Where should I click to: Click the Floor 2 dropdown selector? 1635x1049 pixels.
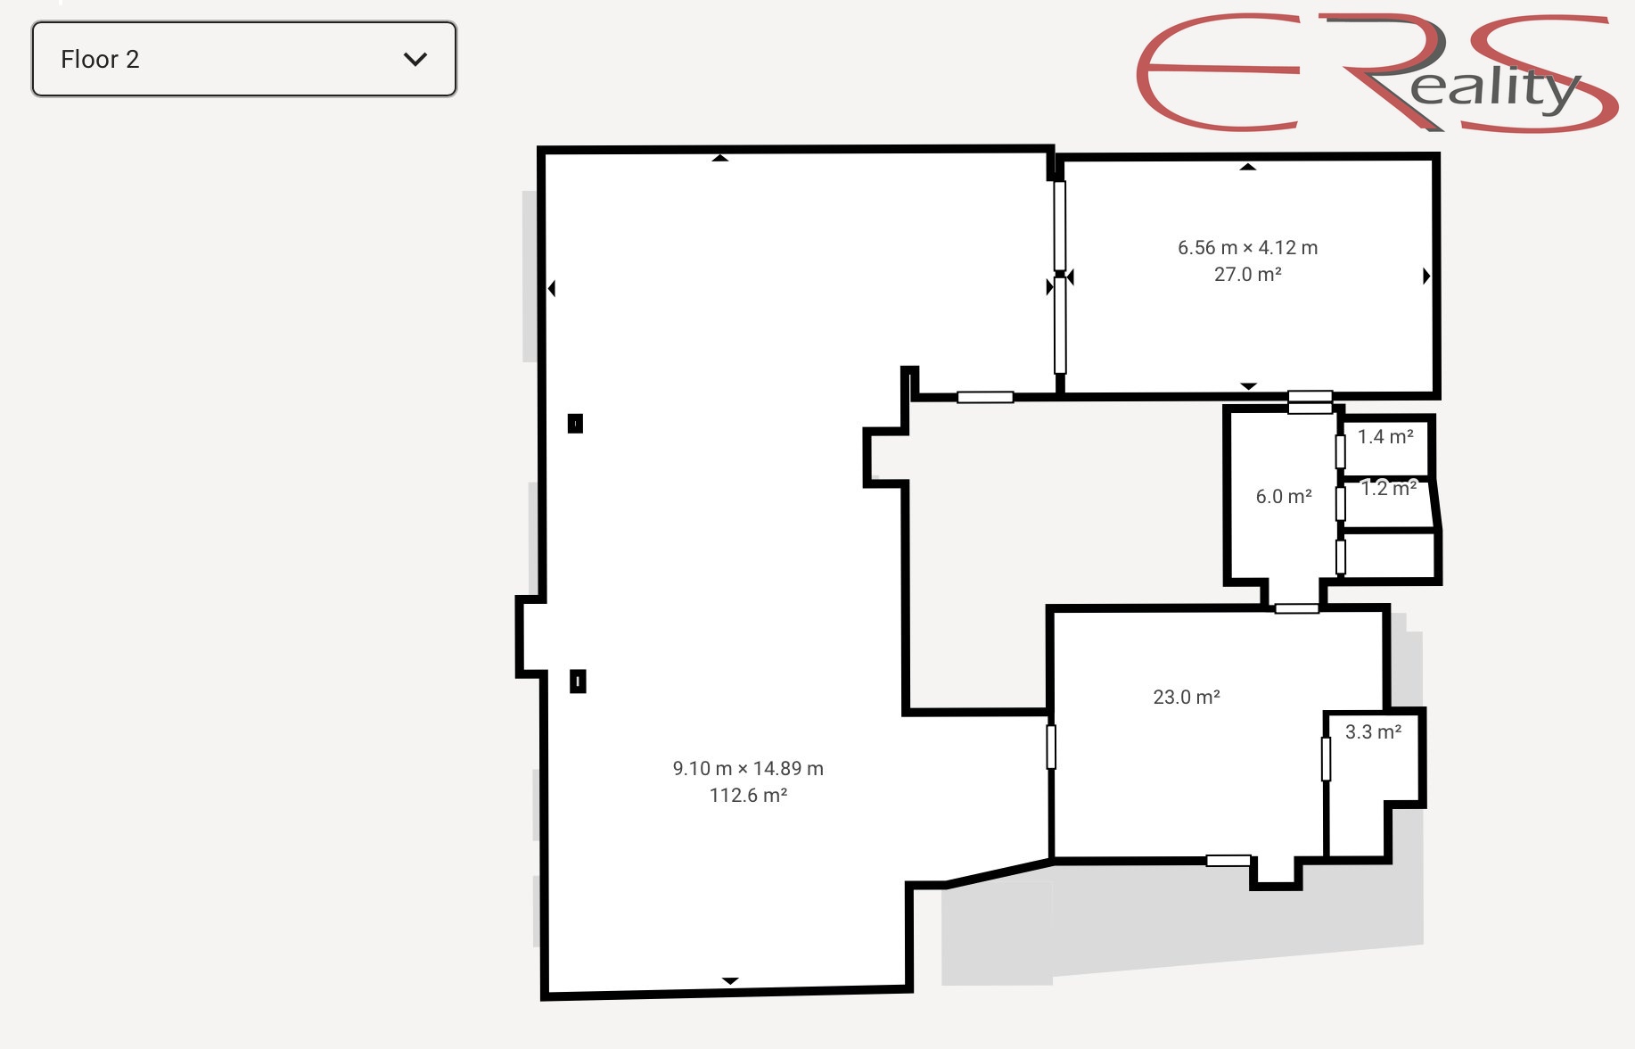tap(243, 59)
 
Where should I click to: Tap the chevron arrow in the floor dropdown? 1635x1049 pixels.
tap(415, 59)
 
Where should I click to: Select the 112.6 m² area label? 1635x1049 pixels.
tap(748, 795)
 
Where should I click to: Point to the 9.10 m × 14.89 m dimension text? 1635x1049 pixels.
tap(748, 768)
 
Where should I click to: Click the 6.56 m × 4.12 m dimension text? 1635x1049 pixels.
tap(1247, 247)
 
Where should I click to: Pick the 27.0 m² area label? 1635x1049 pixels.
tap(1247, 274)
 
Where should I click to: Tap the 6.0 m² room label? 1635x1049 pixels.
tap(1284, 496)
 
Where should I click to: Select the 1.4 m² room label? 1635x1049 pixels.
tap(1385, 436)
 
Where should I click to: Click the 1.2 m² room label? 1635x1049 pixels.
tap(1389, 488)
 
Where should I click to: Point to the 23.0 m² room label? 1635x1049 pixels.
tap(1187, 697)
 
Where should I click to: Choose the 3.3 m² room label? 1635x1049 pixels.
tap(1373, 731)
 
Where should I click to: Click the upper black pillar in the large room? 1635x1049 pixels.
tap(575, 423)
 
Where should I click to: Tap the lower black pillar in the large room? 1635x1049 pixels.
tap(578, 681)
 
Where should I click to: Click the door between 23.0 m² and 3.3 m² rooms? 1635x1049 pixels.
tap(1326, 759)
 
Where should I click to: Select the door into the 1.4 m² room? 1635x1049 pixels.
tap(1340, 451)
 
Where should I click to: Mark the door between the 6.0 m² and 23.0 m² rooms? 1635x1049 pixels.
tap(1296, 608)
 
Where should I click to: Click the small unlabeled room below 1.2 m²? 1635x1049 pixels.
tap(1389, 556)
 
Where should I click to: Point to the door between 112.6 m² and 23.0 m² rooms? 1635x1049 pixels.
tap(1051, 747)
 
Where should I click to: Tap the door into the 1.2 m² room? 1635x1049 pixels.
tap(1340, 503)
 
